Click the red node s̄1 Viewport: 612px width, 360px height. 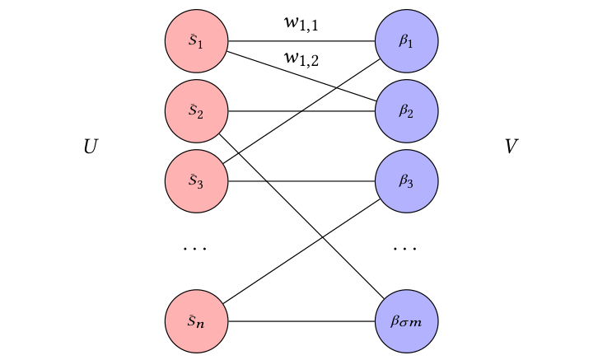pyautogui.click(x=196, y=41)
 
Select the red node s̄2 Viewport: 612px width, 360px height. pyautogui.click(x=196, y=111)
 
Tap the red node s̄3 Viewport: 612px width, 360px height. pyautogui.click(x=196, y=181)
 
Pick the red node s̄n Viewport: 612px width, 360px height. pyautogui.click(x=196, y=320)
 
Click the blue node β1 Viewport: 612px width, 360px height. pyautogui.click(x=406, y=41)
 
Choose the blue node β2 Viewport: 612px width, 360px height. pyautogui.click(x=406, y=111)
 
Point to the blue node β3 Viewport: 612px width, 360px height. pyautogui.click(x=406, y=181)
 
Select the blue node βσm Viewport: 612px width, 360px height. pyautogui.click(x=406, y=320)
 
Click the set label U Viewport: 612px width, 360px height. pyautogui.click(x=91, y=147)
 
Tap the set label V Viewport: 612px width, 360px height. pyautogui.click(x=512, y=147)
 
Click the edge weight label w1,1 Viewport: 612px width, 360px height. pyautogui.click(x=301, y=25)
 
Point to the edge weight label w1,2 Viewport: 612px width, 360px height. pyautogui.click(x=301, y=58)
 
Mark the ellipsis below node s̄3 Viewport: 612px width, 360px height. pyautogui.click(x=196, y=247)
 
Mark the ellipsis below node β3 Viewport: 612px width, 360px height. pyautogui.click(x=406, y=247)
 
